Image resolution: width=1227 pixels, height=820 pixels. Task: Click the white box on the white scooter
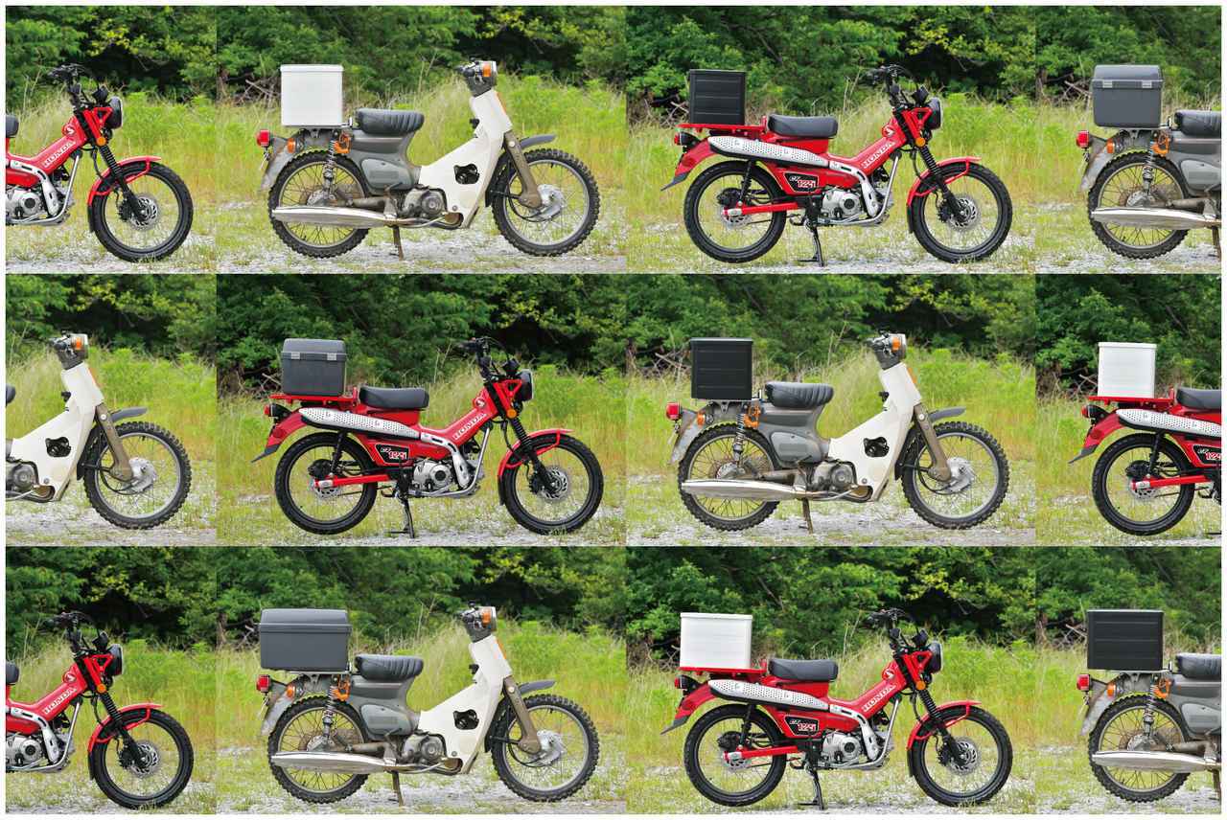(312, 96)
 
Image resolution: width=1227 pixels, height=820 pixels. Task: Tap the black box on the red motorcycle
(717, 97)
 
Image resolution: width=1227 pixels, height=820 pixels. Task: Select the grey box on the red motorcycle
(313, 367)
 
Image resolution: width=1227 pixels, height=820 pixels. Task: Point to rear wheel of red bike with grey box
(323, 483)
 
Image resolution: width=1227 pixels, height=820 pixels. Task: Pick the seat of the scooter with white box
(389, 121)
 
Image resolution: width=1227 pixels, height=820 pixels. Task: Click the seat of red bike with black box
(802, 125)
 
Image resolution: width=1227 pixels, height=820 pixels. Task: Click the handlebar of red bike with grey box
(477, 346)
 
